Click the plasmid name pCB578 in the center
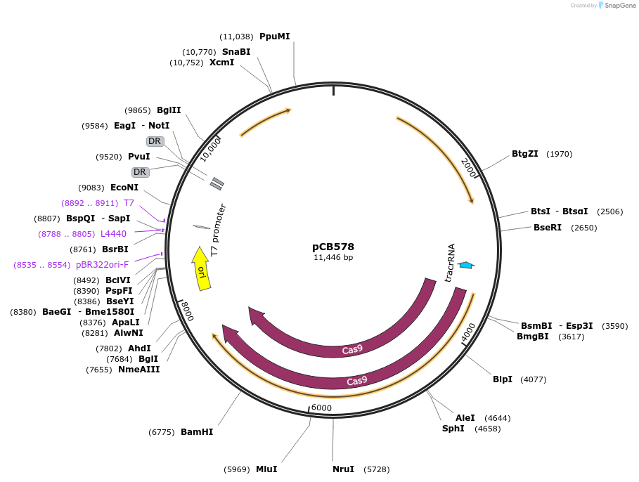click(x=333, y=247)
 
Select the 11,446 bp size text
click(x=333, y=258)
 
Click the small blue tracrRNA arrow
click(x=465, y=265)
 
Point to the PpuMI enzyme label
click(x=274, y=37)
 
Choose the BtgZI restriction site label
click(x=524, y=154)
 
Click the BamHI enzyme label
click(x=197, y=432)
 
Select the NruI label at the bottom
click(x=343, y=469)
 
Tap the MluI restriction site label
click(x=266, y=469)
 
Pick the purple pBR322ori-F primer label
click(x=102, y=265)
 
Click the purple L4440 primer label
click(x=113, y=234)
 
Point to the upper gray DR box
click(x=155, y=141)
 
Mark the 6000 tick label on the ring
click(x=321, y=408)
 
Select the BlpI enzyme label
click(x=503, y=379)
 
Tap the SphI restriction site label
click(x=453, y=429)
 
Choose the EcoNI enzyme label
click(x=124, y=188)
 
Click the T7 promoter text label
click(x=219, y=229)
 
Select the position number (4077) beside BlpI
click(x=533, y=379)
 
